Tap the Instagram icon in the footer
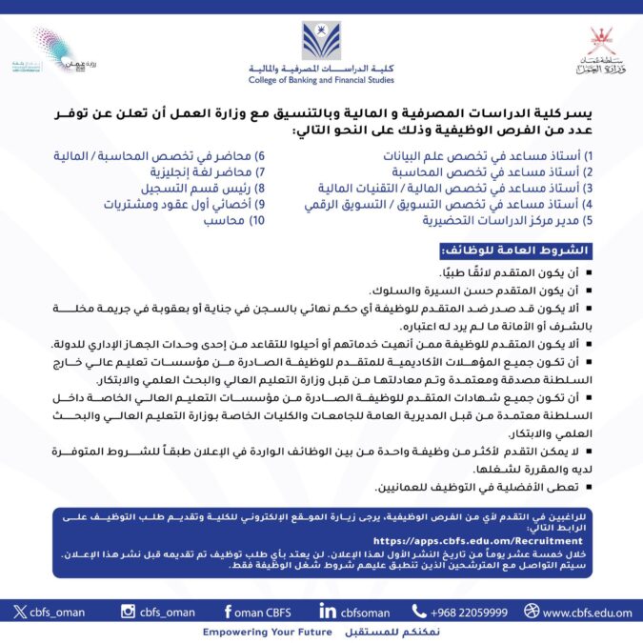point(128,612)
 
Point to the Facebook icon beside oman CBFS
point(228,612)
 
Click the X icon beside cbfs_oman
point(20,612)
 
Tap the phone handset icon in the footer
point(419,612)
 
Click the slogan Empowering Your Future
point(260,633)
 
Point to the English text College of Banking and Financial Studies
point(321,79)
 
